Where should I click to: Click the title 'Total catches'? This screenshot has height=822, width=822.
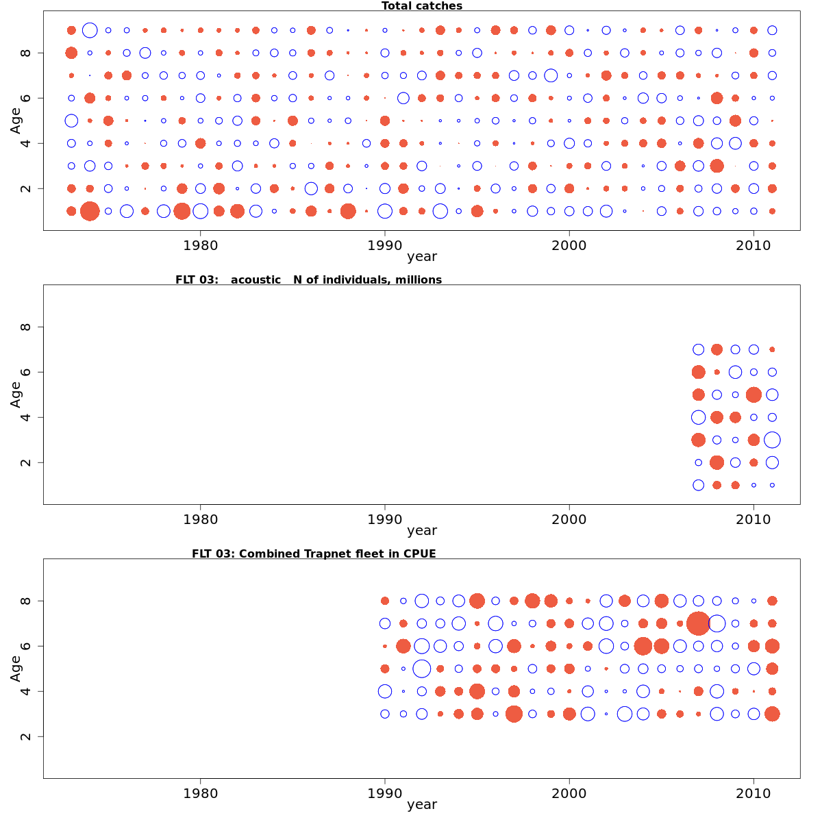point(421,6)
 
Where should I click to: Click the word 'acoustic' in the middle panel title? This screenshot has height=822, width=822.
point(256,279)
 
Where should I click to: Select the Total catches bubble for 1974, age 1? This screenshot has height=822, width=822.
point(90,211)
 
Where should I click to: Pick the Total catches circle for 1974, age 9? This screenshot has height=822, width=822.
point(90,30)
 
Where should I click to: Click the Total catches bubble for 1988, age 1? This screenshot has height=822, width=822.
point(348,211)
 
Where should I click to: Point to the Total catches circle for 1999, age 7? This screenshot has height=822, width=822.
point(551,75)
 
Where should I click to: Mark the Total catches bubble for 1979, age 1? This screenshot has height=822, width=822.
point(182,211)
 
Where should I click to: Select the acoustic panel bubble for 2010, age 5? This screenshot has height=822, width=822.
point(754,395)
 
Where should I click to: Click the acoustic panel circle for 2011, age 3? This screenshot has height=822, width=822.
point(772,440)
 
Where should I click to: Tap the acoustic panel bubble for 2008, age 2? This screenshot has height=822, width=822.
point(717,462)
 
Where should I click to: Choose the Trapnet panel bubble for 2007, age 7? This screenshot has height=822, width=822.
point(698,623)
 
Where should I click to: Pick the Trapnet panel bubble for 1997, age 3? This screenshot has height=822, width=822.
point(514,714)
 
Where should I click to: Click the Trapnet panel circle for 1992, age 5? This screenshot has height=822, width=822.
point(422,669)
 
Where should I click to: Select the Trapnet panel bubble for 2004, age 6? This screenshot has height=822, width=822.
point(643,646)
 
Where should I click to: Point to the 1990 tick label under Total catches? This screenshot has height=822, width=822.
point(385,245)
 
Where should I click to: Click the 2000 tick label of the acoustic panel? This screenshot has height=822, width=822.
point(569,519)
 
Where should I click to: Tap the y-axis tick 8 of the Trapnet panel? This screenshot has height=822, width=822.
point(26,601)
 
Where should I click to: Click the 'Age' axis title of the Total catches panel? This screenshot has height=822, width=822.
point(16,121)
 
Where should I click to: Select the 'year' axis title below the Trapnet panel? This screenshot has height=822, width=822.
point(421,804)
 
